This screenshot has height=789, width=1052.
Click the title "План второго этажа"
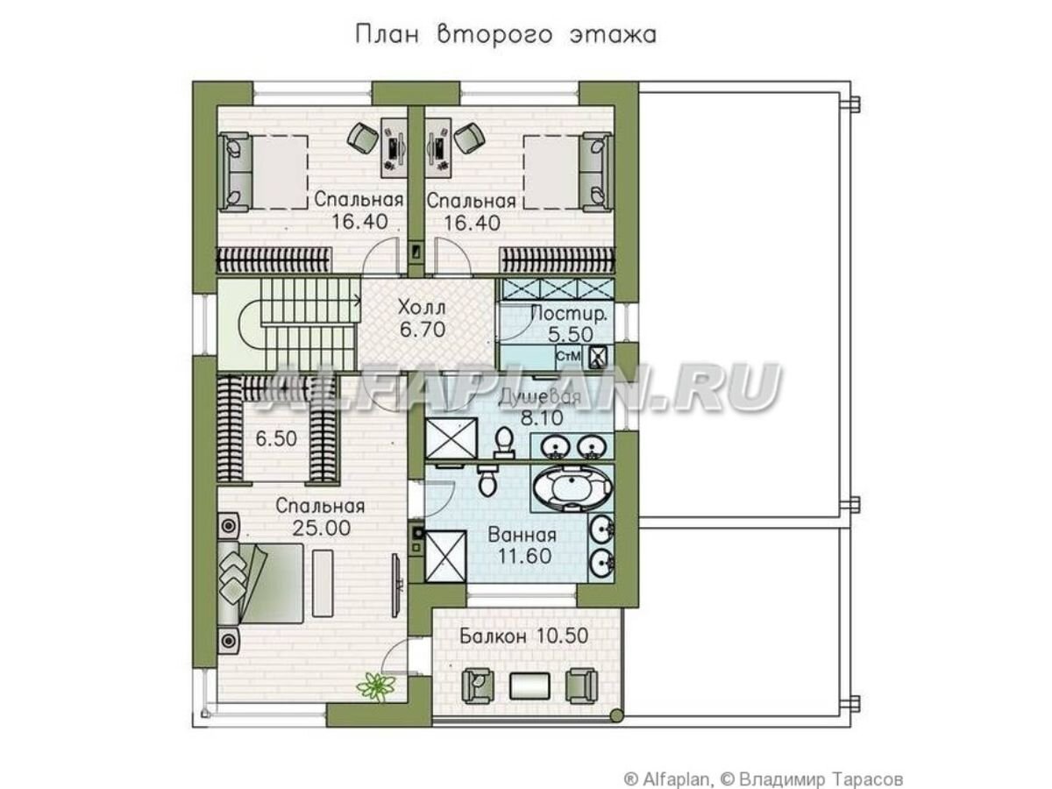(506, 36)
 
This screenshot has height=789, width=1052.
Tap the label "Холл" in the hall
(422, 307)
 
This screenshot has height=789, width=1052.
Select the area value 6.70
(423, 330)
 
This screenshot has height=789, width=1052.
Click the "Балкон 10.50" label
(524, 636)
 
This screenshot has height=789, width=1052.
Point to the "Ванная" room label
(522, 535)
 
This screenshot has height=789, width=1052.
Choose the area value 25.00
(321, 528)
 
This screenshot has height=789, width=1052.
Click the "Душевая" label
(540, 396)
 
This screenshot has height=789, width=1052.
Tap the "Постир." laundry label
(569, 314)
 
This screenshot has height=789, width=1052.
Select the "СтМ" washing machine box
(568, 357)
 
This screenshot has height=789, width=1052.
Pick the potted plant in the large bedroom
(376, 686)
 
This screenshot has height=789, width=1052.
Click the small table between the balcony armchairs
(530, 686)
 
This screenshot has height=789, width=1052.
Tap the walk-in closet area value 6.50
(276, 439)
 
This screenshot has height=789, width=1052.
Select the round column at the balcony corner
(617, 716)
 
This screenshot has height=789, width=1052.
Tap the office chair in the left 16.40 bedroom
(363, 137)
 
